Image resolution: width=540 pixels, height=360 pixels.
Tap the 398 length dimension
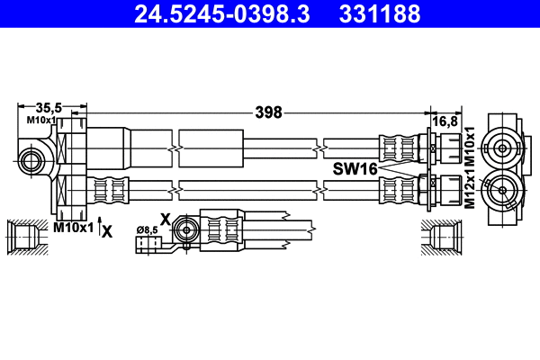tap(268, 112)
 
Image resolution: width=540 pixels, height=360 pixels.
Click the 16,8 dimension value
tap(447, 120)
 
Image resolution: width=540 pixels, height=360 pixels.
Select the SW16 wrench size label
tap(355, 168)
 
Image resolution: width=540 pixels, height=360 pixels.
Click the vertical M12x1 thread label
tap(469, 191)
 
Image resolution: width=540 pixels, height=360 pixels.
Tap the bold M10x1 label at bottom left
tap(73, 229)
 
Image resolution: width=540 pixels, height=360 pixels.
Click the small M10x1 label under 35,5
tap(41, 120)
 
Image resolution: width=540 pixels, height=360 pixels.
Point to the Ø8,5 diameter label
tap(147, 230)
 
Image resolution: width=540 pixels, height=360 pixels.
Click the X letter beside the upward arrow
tap(108, 230)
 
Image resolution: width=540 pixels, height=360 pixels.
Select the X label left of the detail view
tap(164, 218)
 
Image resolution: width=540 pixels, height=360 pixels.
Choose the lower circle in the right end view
tap(501, 188)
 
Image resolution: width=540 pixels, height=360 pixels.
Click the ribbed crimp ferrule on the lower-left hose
tap(110, 189)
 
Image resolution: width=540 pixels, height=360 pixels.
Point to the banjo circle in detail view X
tap(185, 228)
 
